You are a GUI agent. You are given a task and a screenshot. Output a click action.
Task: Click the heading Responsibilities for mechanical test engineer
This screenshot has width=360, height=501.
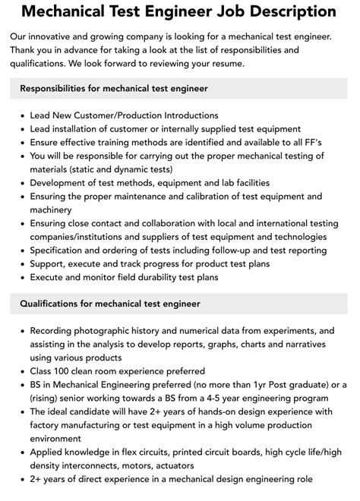[x=113, y=89]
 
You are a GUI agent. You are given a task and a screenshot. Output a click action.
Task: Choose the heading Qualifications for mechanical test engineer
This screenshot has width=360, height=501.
[x=109, y=304]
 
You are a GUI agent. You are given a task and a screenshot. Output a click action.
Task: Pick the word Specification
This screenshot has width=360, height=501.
[x=62, y=251]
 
